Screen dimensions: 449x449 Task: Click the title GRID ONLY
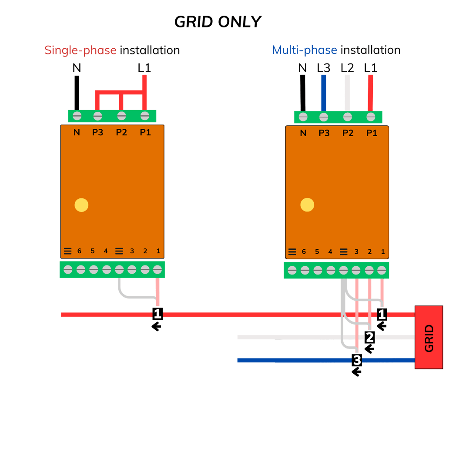[218, 22]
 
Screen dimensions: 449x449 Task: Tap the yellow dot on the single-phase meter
[81, 205]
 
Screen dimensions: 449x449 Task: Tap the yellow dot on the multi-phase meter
[307, 204]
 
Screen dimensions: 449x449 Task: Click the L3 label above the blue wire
[324, 68]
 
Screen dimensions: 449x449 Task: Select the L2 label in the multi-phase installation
[347, 68]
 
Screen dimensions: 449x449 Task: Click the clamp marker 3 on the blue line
[357, 360]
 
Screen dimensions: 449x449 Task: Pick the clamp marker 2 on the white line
[369, 337]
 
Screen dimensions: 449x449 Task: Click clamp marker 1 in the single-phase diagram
[157, 314]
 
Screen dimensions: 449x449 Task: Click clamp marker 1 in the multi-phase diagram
[382, 314]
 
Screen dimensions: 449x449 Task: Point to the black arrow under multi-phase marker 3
[357, 372]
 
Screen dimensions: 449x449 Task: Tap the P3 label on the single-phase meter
[97, 132]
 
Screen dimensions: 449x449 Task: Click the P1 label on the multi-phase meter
[371, 133]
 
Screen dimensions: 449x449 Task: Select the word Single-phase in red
[81, 50]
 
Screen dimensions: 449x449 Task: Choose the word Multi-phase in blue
[305, 50]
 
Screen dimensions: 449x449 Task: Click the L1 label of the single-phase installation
[144, 68]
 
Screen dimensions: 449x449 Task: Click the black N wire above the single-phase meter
[77, 92]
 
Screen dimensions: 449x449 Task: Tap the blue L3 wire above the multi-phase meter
[323, 92]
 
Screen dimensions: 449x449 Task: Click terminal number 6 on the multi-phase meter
[304, 251]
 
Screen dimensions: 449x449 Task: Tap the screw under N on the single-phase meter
[77, 116]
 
